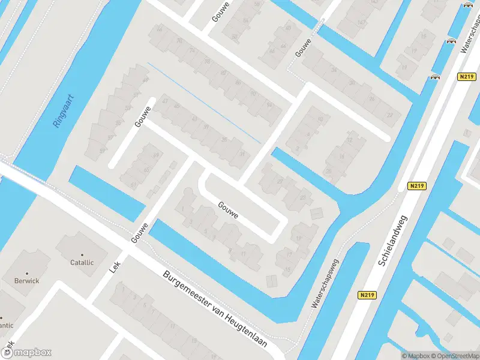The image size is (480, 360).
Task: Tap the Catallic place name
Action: click(82, 262)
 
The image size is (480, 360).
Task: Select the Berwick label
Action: click(27, 280)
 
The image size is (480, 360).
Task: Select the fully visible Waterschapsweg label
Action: click(325, 283)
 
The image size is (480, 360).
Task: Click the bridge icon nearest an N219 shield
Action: click(436, 77)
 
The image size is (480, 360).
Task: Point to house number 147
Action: click(361, 23)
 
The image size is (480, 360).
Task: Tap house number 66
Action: click(160, 29)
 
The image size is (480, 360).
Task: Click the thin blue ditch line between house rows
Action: click(204, 103)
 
